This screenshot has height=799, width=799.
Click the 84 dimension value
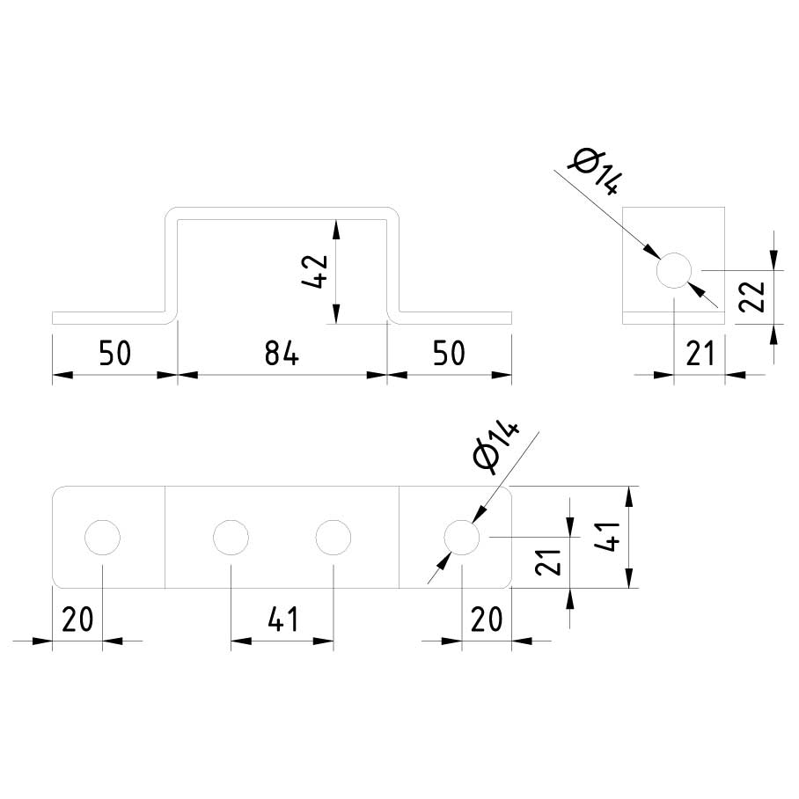(282, 354)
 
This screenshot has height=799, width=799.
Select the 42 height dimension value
(315, 272)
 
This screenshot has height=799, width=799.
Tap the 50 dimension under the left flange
(114, 354)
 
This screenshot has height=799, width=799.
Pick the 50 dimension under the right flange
(449, 354)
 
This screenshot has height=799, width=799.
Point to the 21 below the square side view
(700, 354)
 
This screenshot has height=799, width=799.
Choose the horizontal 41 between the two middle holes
(282, 619)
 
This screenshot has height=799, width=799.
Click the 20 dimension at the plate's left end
(77, 619)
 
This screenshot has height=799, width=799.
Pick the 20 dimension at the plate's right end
(486, 619)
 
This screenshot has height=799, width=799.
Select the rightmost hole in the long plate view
(461, 537)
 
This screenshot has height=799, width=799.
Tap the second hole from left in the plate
(231, 537)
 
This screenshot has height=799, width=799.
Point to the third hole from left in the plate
(333, 537)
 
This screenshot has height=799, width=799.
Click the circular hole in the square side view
(674, 270)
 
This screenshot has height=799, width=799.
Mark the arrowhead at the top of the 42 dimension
(335, 228)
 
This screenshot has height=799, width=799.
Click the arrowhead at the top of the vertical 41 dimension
(629, 494)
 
